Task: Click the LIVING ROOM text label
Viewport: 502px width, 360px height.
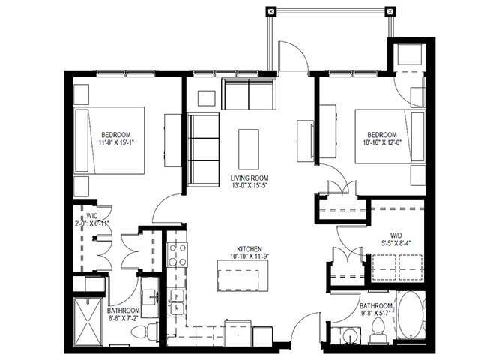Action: point(248,177)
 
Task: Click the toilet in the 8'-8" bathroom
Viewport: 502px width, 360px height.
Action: point(151,331)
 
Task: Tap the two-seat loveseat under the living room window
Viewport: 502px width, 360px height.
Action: point(248,95)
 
